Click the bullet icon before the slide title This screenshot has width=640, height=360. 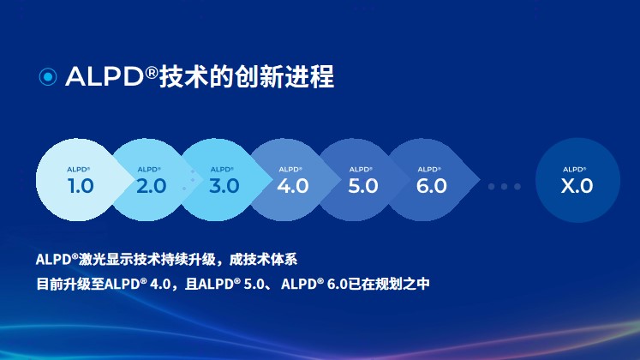tap(48, 77)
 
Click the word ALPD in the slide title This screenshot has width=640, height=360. tap(105, 76)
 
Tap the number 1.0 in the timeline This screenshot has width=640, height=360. tap(81, 186)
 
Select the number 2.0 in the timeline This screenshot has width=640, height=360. tap(152, 186)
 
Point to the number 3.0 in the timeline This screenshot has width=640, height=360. tap(224, 186)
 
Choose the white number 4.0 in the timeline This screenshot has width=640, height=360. tap(293, 186)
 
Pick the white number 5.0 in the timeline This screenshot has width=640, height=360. tap(363, 186)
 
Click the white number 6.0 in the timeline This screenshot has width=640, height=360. tap(432, 186)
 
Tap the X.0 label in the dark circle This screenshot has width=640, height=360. tap(577, 186)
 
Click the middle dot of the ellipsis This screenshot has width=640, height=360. tap(505, 187)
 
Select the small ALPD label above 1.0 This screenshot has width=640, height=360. tap(78, 170)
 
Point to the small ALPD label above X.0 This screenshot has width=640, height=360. tap(574, 170)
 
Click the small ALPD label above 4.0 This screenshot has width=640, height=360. tap(290, 170)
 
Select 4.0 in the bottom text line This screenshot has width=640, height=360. tap(160, 284)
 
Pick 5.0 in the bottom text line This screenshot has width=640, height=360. tap(254, 284)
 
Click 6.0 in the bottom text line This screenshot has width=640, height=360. tap(338, 284)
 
